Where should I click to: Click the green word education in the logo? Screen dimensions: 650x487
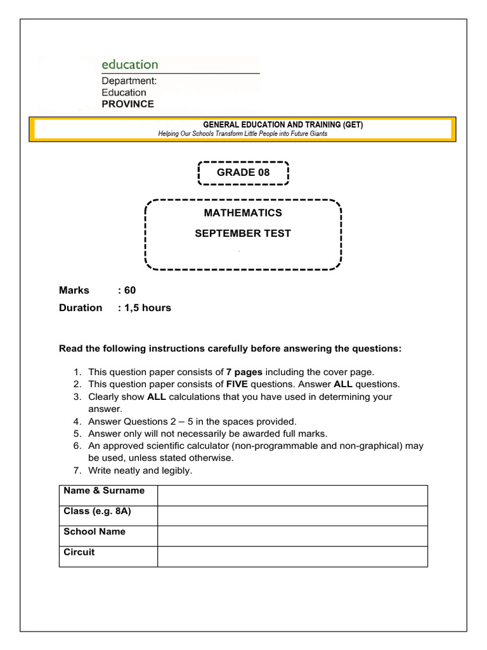point(130,65)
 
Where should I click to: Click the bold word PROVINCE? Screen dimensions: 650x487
point(127,104)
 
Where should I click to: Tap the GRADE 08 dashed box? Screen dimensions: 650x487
point(243,173)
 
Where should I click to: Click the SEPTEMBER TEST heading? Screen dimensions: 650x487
point(243,234)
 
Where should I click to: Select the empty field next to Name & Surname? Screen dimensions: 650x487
point(292,496)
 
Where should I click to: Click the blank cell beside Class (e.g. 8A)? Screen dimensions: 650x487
point(292,516)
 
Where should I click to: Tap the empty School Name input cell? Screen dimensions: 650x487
point(292,536)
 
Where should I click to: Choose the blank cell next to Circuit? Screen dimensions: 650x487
point(292,557)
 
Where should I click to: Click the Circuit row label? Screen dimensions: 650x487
point(79,552)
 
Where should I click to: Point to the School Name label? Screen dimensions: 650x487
point(94,532)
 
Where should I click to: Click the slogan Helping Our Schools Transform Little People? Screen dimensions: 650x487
point(242,134)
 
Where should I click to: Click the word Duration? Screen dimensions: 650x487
point(81,308)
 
